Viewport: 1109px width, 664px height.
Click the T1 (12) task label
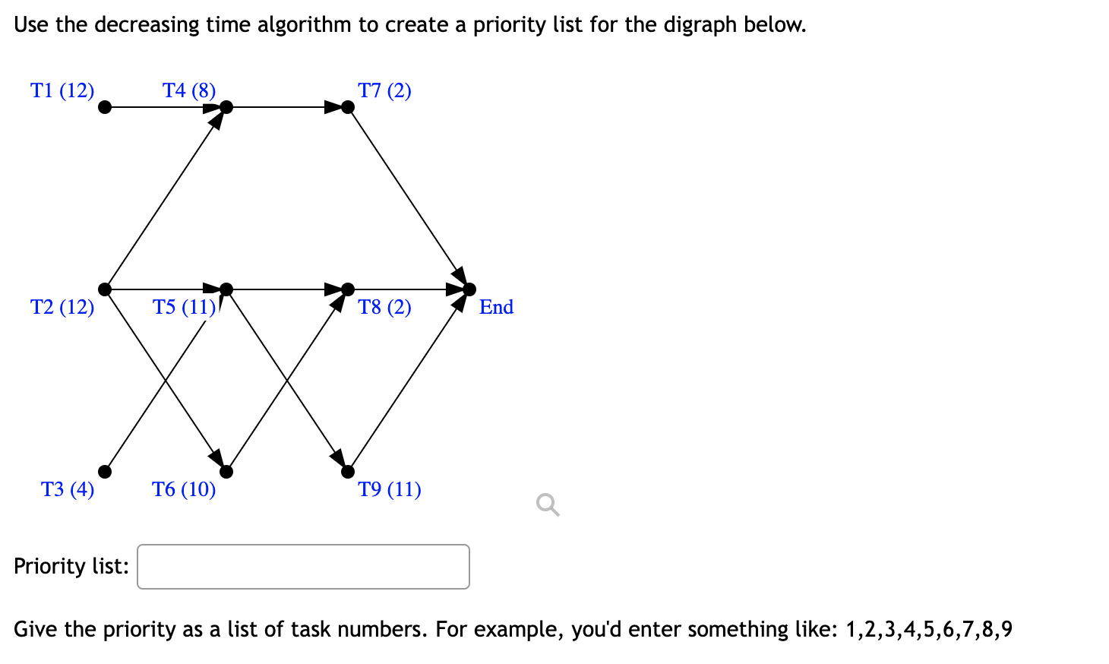pos(62,90)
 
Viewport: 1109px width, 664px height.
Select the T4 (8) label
pos(189,90)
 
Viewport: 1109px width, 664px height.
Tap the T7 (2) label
pos(384,90)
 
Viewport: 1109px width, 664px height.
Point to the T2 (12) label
pos(62,307)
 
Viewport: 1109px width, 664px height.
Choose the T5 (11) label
pos(185,307)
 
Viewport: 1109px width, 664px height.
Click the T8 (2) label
pos(384,307)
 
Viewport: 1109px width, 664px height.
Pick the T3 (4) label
pos(68,489)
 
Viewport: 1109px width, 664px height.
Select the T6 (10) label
pos(184,489)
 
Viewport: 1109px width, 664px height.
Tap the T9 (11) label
pos(390,489)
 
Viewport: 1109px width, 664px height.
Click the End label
pos(496,307)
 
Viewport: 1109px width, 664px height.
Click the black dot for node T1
pos(106,107)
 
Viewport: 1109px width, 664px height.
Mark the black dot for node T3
pos(106,472)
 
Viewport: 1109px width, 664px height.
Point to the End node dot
pos(469,289)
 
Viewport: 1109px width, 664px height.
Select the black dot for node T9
pos(348,472)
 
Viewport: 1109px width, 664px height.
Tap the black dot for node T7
pos(348,107)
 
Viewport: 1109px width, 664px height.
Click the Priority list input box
pos(303,567)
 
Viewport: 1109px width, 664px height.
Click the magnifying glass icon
pos(548,504)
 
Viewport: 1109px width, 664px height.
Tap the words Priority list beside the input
pos(71,567)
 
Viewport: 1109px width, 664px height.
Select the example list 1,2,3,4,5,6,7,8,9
pos(928,630)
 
